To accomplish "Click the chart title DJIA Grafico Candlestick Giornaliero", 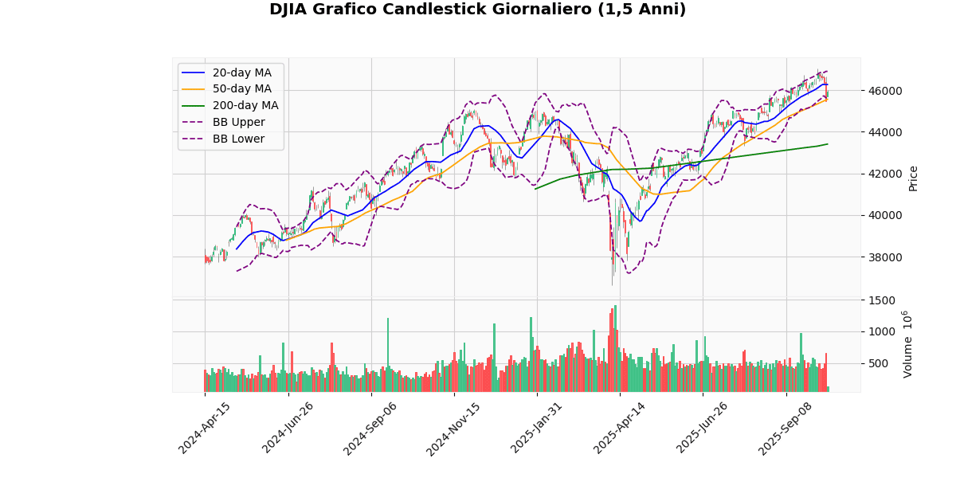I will pyautogui.click(x=477, y=10).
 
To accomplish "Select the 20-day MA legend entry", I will pyautogui.click(x=241, y=72).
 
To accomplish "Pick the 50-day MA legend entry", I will pyautogui.click(x=241, y=89).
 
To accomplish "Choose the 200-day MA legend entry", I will pyautogui.click(x=245, y=106).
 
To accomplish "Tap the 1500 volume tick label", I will pyautogui.click(x=880, y=300).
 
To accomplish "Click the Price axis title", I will pyautogui.click(x=913, y=178).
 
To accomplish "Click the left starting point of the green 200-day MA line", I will pyautogui.click(x=535, y=189).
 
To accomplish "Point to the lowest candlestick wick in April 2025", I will pyautogui.click(x=613, y=284).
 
